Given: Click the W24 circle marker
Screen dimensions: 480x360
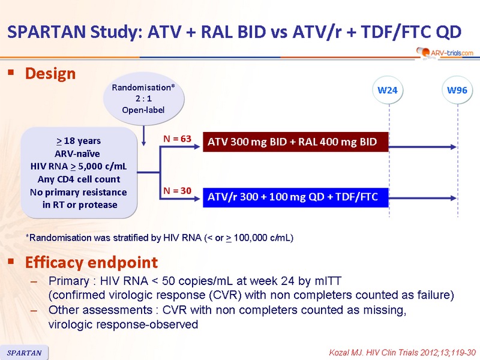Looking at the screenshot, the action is [388, 91].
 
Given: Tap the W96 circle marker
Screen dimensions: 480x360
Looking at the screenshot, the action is [457, 91].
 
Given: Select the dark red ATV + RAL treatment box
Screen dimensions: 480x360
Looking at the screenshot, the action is [296, 142].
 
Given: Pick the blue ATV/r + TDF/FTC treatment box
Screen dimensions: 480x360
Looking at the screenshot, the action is [296, 197].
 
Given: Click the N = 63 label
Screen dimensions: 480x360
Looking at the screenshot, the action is [177, 139].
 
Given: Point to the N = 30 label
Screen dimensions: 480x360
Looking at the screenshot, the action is [177, 191].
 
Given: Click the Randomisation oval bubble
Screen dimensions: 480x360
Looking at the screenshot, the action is [143, 98].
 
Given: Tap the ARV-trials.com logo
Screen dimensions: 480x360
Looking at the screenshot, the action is [445, 53].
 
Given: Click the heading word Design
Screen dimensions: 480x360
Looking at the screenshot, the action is [50, 73].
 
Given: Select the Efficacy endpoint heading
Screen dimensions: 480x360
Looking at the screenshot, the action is [91, 262].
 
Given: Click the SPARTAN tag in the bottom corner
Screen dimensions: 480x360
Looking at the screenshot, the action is [24, 353].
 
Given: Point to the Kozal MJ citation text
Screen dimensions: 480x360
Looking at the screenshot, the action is [402, 353].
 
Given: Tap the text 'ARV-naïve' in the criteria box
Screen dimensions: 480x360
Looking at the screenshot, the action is [77, 154].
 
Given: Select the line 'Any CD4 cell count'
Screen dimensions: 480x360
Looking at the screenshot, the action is [79, 179].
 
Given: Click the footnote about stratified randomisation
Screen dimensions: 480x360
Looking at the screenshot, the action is [160, 238].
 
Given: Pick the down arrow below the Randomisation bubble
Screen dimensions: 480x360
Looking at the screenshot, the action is [143, 136].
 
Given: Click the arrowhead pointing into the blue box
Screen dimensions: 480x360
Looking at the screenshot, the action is [197, 199].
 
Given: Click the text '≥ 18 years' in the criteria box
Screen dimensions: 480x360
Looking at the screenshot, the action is [79, 141].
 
